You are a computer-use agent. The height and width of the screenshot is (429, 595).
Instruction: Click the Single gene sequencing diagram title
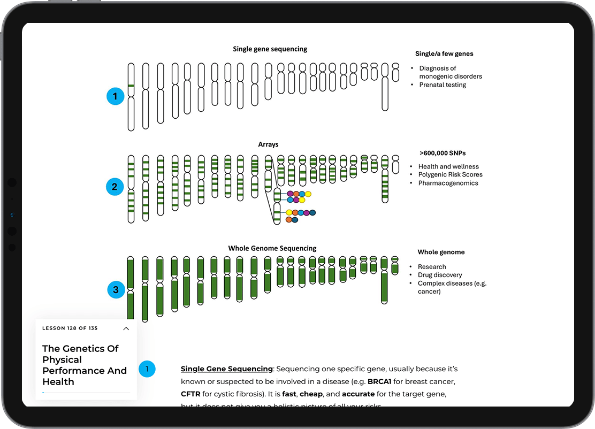[270, 49]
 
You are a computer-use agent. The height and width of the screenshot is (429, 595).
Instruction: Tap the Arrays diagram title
[268, 144]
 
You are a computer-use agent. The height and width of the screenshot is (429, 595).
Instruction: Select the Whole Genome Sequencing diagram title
[272, 248]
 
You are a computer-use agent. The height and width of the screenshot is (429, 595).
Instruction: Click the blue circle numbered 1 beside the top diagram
[115, 97]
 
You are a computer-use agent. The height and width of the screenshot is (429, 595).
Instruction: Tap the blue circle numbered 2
[115, 187]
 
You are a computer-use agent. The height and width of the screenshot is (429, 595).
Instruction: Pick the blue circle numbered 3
[116, 290]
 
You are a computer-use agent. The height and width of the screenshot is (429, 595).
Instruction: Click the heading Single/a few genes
[444, 53]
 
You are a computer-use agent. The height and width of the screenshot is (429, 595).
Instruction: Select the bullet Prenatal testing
[443, 85]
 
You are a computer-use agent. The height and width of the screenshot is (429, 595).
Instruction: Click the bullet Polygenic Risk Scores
[450, 174]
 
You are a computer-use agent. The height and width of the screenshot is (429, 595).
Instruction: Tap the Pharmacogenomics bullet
[448, 183]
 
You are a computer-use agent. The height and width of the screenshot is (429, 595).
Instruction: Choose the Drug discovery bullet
[440, 275]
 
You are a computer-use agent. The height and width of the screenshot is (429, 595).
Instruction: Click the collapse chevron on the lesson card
[126, 328]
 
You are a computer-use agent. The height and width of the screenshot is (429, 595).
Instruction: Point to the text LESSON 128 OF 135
[70, 328]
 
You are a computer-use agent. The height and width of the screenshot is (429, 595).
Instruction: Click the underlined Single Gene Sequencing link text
[227, 369]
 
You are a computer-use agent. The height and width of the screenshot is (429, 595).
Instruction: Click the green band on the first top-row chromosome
[131, 86]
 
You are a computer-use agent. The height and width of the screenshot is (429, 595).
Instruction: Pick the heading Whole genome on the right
[441, 252]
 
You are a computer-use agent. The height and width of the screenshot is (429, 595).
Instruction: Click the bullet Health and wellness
[448, 166]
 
